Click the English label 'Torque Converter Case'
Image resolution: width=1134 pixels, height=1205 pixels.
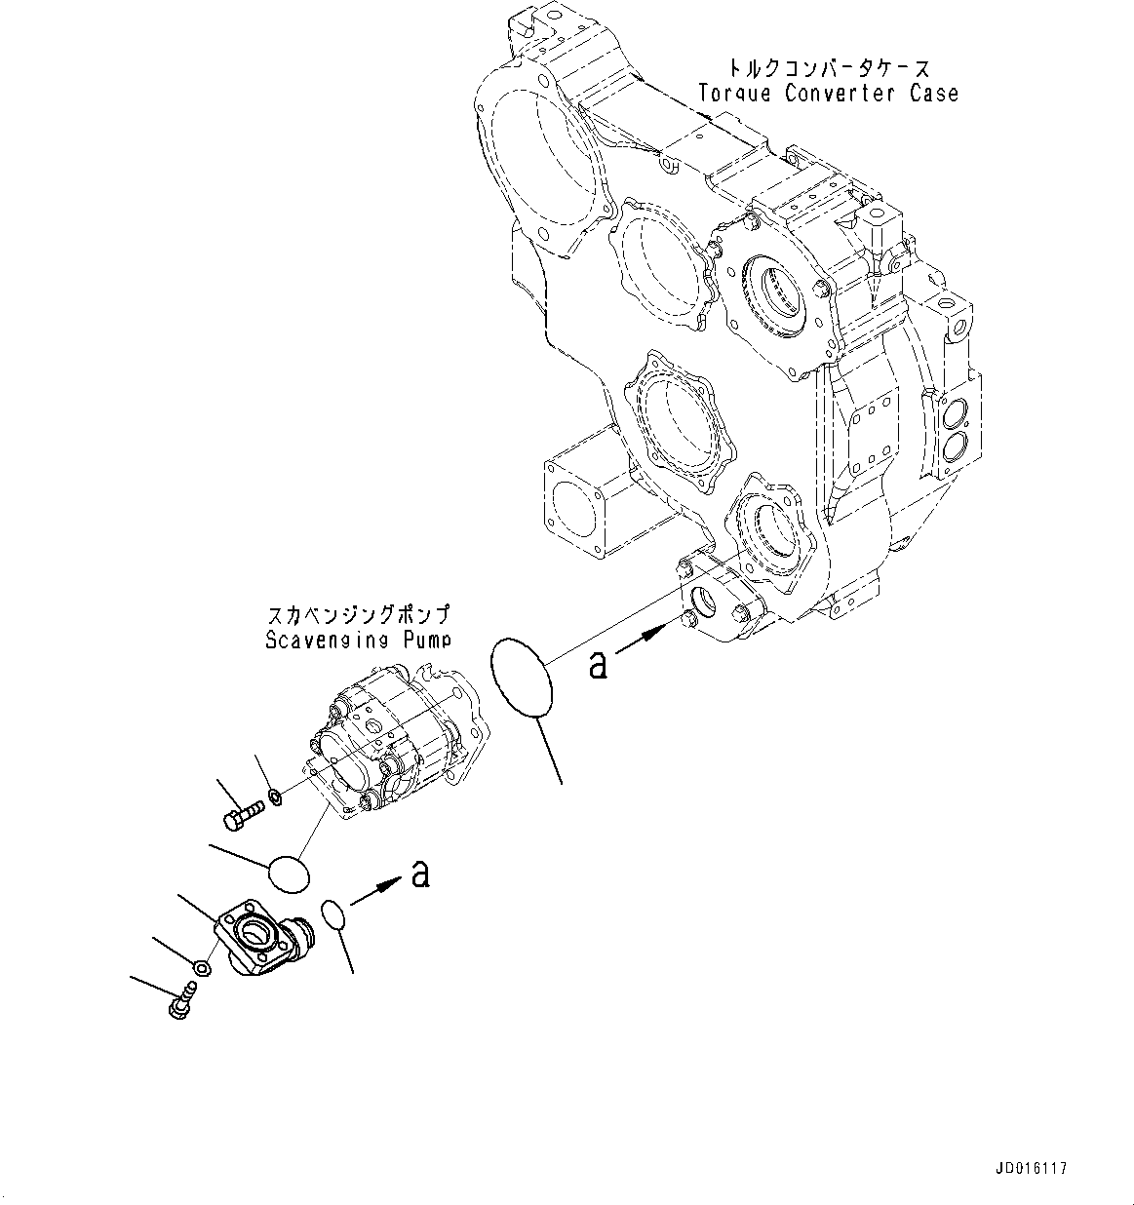(828, 94)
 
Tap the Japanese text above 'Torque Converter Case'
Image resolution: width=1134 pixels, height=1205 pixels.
(828, 68)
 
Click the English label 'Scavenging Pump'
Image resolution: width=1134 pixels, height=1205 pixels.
(358, 641)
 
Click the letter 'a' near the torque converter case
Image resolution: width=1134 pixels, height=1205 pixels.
(599, 664)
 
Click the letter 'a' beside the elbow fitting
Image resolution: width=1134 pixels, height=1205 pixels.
(420, 874)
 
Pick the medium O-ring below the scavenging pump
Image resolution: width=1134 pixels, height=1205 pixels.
(288, 872)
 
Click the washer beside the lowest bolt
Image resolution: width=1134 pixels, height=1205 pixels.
(201, 968)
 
